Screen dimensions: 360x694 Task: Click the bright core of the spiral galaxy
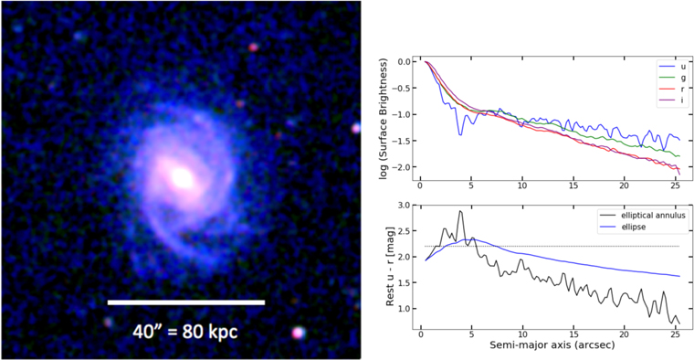coord(184,177)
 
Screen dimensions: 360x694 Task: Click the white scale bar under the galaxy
coord(186,302)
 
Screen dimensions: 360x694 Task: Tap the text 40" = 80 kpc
coord(185,331)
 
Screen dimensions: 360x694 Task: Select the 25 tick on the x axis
coord(676,335)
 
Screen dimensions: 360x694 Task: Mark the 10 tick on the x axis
coord(522,335)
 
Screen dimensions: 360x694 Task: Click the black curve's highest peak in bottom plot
coord(460,211)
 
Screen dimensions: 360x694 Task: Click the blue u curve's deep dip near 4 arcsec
coord(460,134)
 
